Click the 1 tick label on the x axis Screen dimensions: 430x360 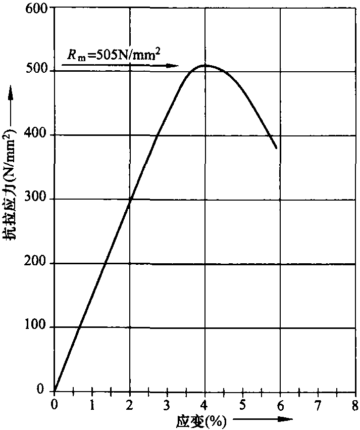pos(92,405)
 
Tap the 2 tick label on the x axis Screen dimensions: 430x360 pos(130,405)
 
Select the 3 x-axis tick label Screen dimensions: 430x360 pos(168,405)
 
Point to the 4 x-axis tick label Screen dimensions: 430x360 pos(205,405)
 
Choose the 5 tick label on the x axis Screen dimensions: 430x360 pos(243,405)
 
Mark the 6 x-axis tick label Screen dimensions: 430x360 pos(280,405)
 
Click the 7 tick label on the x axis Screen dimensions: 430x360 pos(318,405)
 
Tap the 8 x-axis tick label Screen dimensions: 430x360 pos(355,405)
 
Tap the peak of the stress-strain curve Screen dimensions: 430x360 pos(205,65)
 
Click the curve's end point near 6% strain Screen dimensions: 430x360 pos(276,148)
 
